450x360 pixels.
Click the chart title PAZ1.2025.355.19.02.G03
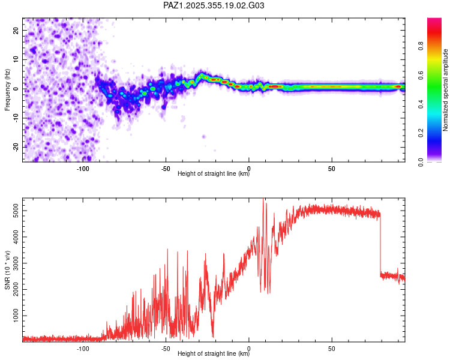click(214, 5)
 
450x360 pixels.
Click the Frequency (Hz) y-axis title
click(7, 89)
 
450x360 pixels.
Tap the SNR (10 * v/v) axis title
click(7, 269)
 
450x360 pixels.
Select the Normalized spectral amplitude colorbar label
click(446, 90)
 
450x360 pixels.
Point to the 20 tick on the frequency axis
click(16, 30)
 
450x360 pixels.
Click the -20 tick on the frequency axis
click(15, 147)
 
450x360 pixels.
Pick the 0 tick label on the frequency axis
click(18, 89)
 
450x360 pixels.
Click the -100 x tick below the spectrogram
click(83, 169)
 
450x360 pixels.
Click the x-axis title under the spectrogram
click(214, 174)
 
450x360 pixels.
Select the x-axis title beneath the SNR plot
click(214, 354)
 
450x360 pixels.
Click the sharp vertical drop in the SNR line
click(380, 246)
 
